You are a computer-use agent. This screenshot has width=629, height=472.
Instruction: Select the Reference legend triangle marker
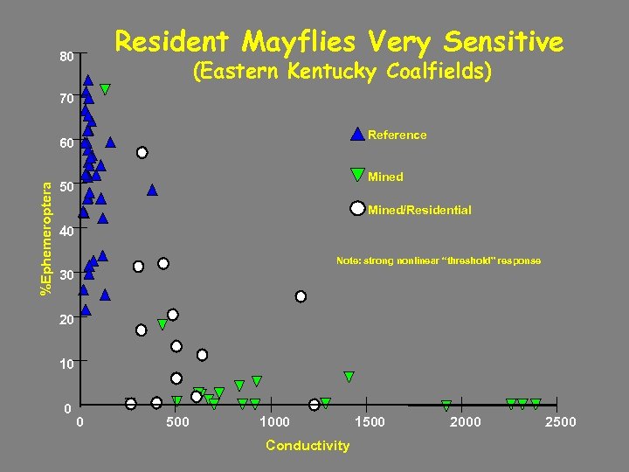(x=357, y=134)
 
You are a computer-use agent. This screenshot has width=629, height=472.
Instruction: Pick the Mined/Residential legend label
(x=419, y=210)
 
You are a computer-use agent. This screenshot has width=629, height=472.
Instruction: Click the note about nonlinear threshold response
(x=439, y=260)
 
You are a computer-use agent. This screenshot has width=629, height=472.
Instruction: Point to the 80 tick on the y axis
(x=66, y=57)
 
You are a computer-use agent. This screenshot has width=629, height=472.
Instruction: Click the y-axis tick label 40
(x=66, y=232)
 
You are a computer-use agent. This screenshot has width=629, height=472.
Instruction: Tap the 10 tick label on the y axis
(x=66, y=363)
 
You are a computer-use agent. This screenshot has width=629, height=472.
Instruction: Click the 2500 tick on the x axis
(x=560, y=422)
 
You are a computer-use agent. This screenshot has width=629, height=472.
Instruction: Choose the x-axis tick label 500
(x=177, y=422)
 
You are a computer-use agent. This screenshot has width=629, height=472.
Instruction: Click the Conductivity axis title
(x=308, y=446)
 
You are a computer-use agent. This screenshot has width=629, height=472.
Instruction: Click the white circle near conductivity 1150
(x=301, y=296)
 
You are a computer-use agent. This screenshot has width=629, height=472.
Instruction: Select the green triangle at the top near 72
(x=105, y=89)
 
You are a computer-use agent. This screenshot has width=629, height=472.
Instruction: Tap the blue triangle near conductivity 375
(x=152, y=189)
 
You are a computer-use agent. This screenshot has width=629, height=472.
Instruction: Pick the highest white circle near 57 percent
(x=142, y=152)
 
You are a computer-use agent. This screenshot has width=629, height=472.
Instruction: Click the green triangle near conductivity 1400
(x=349, y=377)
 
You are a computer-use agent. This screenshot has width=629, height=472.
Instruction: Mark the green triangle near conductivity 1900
(x=446, y=406)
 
